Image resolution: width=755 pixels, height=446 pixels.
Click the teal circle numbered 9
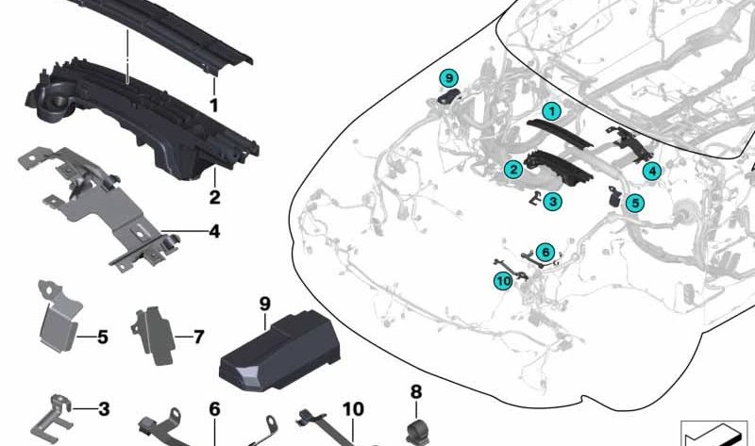(450, 77)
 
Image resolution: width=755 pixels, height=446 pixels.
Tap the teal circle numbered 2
(512, 170)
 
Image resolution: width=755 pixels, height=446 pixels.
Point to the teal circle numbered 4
(651, 171)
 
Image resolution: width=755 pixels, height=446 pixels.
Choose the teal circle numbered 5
(634, 202)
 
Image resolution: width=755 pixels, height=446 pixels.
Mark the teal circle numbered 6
(545, 252)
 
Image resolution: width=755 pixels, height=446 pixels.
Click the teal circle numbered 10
(503, 279)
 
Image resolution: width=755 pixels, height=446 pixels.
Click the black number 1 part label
(214, 106)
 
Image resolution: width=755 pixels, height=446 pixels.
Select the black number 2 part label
(214, 198)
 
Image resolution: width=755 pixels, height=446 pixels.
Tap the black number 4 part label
(214, 230)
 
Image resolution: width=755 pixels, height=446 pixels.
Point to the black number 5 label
(103, 336)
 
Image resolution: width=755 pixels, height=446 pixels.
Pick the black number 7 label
(198, 336)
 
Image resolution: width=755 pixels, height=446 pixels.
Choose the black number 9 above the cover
(265, 304)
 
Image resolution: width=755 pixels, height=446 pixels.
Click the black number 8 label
(416, 391)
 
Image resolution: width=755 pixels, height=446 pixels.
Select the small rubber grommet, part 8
(416, 431)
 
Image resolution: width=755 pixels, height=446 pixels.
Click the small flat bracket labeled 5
(58, 321)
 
